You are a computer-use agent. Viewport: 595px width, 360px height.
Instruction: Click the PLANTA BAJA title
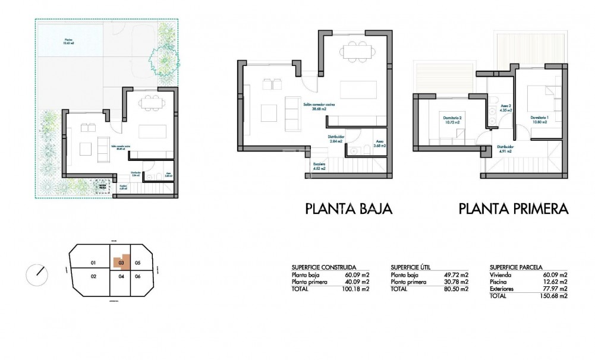pyautogui.click(x=348, y=209)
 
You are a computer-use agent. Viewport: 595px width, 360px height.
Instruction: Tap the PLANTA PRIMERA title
pyautogui.click(x=514, y=209)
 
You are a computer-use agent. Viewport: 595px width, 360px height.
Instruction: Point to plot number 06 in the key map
pyautogui.click(x=137, y=276)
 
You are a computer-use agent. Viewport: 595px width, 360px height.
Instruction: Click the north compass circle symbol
pyautogui.click(x=38, y=276)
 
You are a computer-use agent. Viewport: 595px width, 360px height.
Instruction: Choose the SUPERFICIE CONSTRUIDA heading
pyautogui.click(x=325, y=267)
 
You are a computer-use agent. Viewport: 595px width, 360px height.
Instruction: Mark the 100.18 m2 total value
pyautogui.click(x=357, y=289)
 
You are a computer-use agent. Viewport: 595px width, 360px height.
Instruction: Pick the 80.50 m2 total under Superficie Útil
pyautogui.click(x=457, y=289)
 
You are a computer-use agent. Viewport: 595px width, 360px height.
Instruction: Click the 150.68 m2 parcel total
pyautogui.click(x=555, y=296)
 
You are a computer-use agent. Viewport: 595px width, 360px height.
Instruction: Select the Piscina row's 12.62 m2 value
pyautogui.click(x=556, y=282)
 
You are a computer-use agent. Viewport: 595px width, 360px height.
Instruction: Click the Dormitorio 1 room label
pyautogui.click(x=540, y=119)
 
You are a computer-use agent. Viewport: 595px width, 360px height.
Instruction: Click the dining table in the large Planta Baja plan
pyautogui.click(x=355, y=49)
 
